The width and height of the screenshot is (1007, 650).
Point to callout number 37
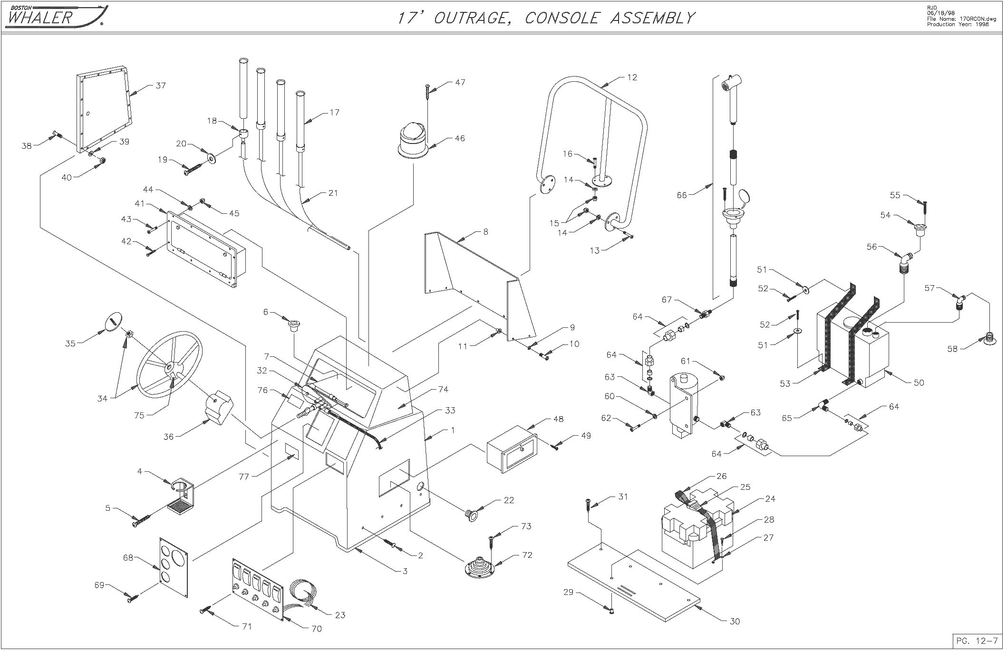[160, 86]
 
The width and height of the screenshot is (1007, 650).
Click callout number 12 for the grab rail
[632, 77]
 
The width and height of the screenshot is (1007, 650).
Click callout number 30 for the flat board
[735, 621]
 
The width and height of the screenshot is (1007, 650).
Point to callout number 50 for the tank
[919, 382]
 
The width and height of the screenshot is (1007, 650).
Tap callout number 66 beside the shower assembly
[682, 195]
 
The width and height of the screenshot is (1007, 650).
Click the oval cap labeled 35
[113, 322]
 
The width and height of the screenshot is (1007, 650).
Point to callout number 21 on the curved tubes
[333, 193]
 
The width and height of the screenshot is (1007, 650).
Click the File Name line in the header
[960, 19]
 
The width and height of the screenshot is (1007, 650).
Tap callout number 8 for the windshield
[485, 232]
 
